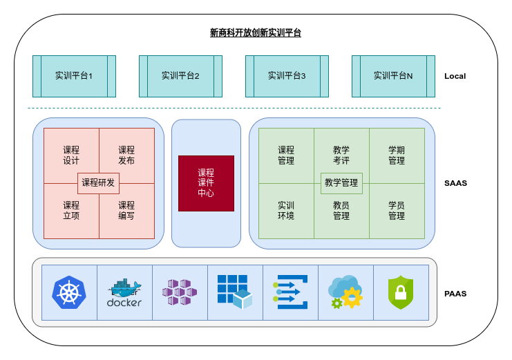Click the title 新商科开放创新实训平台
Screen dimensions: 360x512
(256, 32)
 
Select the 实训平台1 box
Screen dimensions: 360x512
(74, 76)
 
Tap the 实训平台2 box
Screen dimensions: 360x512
(180, 76)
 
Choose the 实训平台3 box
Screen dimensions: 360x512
(287, 76)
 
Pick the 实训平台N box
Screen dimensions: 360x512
(393, 76)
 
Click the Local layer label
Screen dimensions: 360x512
(455, 76)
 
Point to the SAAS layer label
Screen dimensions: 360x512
(455, 183)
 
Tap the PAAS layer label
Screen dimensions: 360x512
(455, 294)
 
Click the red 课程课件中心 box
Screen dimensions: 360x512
(206, 183)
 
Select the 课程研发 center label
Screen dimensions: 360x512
(99, 183)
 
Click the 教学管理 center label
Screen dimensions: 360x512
(341, 183)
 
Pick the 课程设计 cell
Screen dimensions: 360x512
(71, 155)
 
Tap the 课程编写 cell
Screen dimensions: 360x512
(126, 211)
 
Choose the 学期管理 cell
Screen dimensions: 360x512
(397, 155)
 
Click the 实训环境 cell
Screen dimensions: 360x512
(286, 211)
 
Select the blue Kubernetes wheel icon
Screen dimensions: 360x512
(69, 292)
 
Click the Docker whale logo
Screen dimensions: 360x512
(124, 292)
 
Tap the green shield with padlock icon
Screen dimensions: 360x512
(401, 292)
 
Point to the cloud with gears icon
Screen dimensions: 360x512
(346, 292)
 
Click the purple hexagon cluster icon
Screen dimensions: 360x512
(180, 292)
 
